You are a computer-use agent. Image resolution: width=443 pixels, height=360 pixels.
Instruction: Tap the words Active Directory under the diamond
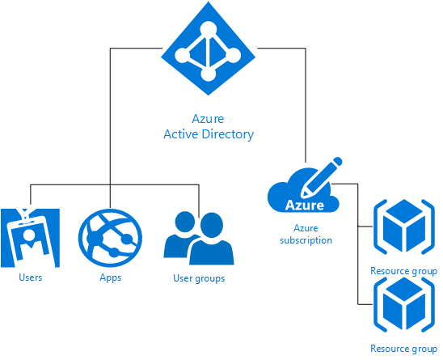[x=208, y=134]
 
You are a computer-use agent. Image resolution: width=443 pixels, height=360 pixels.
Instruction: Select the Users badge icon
[x=29, y=238]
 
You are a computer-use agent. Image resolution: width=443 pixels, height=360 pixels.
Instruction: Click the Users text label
[x=29, y=277]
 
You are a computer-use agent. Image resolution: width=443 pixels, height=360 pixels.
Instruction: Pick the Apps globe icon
[x=110, y=238]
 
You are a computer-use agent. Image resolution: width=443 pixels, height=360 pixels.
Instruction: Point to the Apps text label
[x=110, y=277]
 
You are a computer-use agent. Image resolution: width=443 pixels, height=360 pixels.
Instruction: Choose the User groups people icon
[x=199, y=239]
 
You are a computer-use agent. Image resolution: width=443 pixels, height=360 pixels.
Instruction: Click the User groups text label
[x=199, y=278]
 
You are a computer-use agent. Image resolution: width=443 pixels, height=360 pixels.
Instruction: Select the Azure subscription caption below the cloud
[x=306, y=235]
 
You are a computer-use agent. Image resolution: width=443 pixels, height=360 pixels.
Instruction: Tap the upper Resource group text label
[x=403, y=271]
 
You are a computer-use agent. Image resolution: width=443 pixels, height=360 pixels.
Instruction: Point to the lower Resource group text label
[x=403, y=349]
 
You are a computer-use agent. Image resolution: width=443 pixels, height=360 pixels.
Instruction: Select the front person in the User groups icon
[x=212, y=243]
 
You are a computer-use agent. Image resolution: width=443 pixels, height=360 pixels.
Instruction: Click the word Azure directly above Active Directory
[x=208, y=118]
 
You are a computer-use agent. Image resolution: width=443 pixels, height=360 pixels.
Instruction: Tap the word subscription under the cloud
[x=306, y=240]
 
